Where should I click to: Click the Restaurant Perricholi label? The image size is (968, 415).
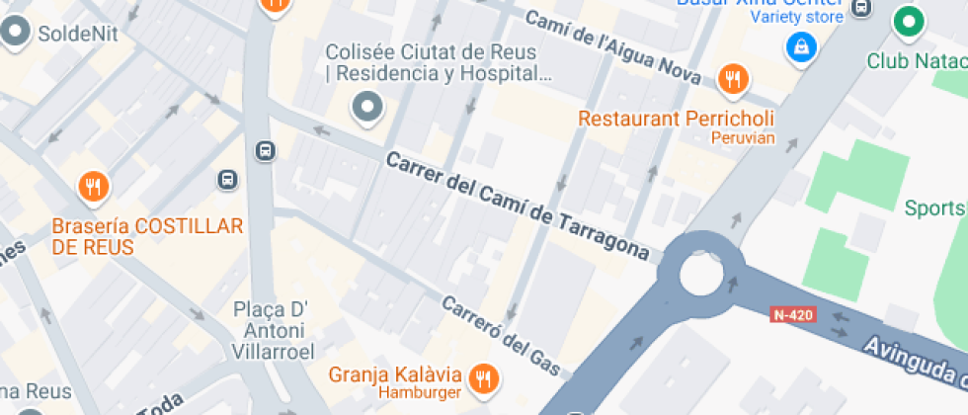pyautogui.click(x=676, y=119)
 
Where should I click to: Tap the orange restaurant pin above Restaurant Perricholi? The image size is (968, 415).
pyautogui.click(x=732, y=79)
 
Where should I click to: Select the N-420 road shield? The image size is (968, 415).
pyautogui.click(x=792, y=314)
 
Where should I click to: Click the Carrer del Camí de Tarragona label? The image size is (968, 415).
pyautogui.click(x=519, y=207)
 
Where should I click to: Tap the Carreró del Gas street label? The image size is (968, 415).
pyautogui.click(x=501, y=337)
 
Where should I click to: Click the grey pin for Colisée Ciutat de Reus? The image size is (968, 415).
pyautogui.click(x=368, y=106)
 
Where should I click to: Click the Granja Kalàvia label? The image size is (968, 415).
pyautogui.click(x=395, y=375)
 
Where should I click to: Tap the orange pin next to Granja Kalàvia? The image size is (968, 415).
pyautogui.click(x=483, y=376)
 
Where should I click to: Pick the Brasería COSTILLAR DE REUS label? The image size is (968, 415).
pyautogui.click(x=147, y=236)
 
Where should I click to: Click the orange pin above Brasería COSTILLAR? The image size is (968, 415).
pyautogui.click(x=93, y=186)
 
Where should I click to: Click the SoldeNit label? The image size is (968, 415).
pyautogui.click(x=77, y=34)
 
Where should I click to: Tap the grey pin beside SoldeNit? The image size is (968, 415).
pyautogui.click(x=15, y=33)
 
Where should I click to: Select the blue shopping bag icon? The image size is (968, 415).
pyautogui.click(x=800, y=45)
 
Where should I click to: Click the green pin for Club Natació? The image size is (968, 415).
pyautogui.click(x=908, y=21)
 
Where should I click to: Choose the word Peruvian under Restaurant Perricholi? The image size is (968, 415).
pyautogui.click(x=742, y=138)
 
